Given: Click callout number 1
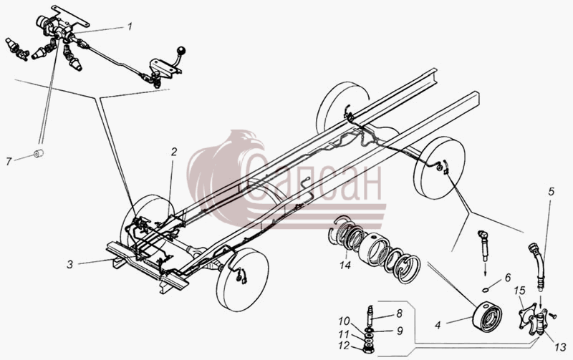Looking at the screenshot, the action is pos(130,26).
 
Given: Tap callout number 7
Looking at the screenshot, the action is pos(9,161).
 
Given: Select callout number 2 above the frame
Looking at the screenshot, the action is pos(174,152).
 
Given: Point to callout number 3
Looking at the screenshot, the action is pos(69,264).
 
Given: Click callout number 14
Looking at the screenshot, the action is pos(345,265).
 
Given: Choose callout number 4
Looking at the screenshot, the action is pos(438,325).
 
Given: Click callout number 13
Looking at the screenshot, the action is pos(560,347).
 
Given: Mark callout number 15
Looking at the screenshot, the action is pos(519,291).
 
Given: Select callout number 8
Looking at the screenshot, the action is pos(399,313).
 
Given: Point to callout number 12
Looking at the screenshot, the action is pos(344,346).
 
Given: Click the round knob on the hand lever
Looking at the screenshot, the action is pos(181,50).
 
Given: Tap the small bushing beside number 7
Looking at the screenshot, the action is pos(39,154).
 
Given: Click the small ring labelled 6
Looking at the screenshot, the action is pos(486,290).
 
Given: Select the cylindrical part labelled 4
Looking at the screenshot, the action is pos(487,316).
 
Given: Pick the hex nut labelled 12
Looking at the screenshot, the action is pos(369,349).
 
